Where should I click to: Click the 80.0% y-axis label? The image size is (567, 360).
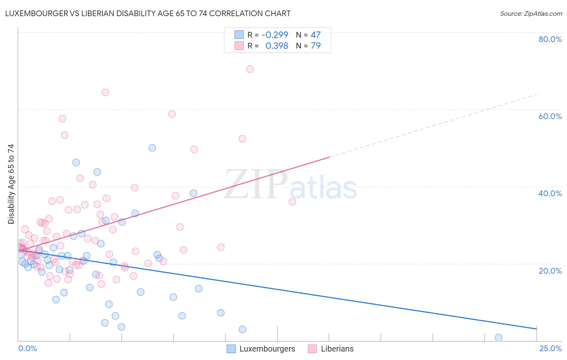[x=550, y=39]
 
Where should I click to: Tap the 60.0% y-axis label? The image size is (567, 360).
[x=550, y=116]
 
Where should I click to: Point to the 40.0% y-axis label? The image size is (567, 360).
[x=550, y=193]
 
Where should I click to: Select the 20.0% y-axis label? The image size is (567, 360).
[x=550, y=270]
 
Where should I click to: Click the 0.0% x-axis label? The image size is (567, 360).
[x=27, y=349]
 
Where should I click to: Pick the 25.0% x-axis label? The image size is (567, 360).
[x=550, y=349]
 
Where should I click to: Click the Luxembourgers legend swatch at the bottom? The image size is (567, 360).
[x=231, y=349]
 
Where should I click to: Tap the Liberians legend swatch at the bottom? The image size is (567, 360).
[x=312, y=349]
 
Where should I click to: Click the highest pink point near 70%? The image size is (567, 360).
[x=250, y=69]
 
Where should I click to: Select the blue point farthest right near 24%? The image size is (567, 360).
[x=498, y=337]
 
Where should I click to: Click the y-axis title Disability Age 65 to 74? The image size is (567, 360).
[x=11, y=184]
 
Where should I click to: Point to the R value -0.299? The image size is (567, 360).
[x=275, y=35]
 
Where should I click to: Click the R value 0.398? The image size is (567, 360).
[x=277, y=46]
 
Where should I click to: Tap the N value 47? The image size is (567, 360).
[x=315, y=35]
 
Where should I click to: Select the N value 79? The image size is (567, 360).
[x=315, y=46]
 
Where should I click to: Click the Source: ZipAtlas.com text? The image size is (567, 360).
[x=531, y=14]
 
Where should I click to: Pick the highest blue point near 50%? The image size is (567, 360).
[x=152, y=148]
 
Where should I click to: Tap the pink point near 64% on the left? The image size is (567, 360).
[x=105, y=92]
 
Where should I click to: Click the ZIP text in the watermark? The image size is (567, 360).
[x=256, y=184]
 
